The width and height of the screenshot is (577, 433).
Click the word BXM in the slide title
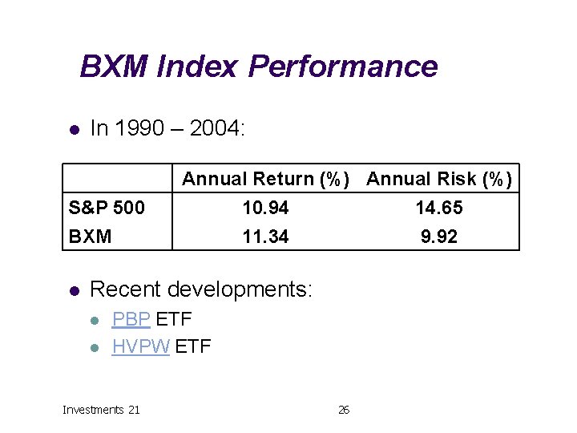(x=114, y=66)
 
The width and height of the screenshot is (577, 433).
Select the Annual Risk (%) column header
(x=439, y=179)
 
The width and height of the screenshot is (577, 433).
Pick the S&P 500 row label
(x=107, y=208)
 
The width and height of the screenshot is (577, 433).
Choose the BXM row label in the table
(x=89, y=237)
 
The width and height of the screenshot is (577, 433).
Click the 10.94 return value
(x=265, y=208)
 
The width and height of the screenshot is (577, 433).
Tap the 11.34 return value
(x=265, y=237)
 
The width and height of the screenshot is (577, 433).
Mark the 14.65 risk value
(x=439, y=208)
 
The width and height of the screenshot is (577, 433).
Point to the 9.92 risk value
(x=439, y=237)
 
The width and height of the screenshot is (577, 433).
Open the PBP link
(x=131, y=319)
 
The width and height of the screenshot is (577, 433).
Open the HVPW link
(x=140, y=346)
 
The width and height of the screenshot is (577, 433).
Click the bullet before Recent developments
(x=73, y=289)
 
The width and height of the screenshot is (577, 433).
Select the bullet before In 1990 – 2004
(x=73, y=129)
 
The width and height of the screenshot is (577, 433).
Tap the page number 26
(x=344, y=410)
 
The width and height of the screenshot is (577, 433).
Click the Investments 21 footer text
(x=101, y=410)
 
